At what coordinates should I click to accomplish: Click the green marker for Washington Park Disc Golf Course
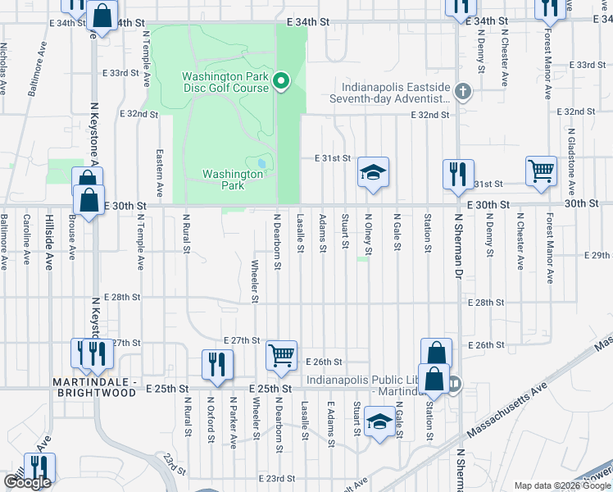pyautogui.click(x=281, y=80)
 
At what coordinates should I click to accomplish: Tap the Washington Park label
pyautogui.click(x=223, y=180)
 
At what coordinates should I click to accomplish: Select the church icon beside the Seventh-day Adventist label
pyautogui.click(x=463, y=91)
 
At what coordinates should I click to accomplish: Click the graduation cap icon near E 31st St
pyautogui.click(x=373, y=173)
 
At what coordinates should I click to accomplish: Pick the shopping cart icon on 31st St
pyautogui.click(x=541, y=172)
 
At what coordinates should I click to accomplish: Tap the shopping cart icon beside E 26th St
pyautogui.click(x=281, y=356)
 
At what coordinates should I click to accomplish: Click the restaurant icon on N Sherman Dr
pyautogui.click(x=457, y=174)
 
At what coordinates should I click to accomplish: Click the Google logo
pyautogui.click(x=26, y=482)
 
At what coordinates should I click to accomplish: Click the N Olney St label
pyautogui.click(x=369, y=234)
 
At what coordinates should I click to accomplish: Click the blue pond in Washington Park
pyautogui.click(x=261, y=164)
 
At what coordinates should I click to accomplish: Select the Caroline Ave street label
pyautogui.click(x=27, y=240)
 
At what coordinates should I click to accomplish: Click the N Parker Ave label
pyautogui.click(x=234, y=422)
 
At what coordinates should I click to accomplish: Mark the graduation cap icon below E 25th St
pyautogui.click(x=379, y=423)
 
